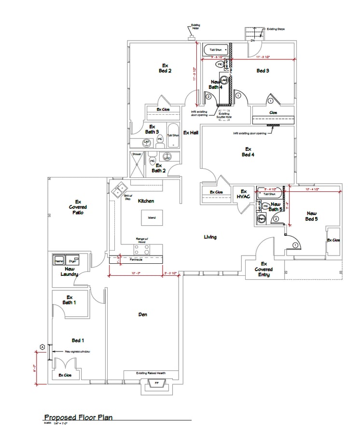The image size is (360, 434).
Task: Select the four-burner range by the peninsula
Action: tap(142, 249)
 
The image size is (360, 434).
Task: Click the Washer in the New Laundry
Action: tap(59, 260)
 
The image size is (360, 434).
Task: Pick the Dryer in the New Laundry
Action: tap(73, 260)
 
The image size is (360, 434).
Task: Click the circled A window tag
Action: tap(42, 347)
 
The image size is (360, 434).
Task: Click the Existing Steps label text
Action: tap(276, 29)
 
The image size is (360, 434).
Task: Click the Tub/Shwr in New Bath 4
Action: tap(212, 49)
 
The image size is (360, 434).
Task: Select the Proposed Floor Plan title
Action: tap(78, 417)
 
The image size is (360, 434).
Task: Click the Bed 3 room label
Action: tap(263, 71)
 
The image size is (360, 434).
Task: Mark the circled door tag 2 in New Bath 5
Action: tap(276, 219)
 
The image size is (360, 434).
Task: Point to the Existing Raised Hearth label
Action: tap(151, 373)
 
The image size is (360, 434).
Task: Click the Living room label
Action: tap(210, 237)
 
